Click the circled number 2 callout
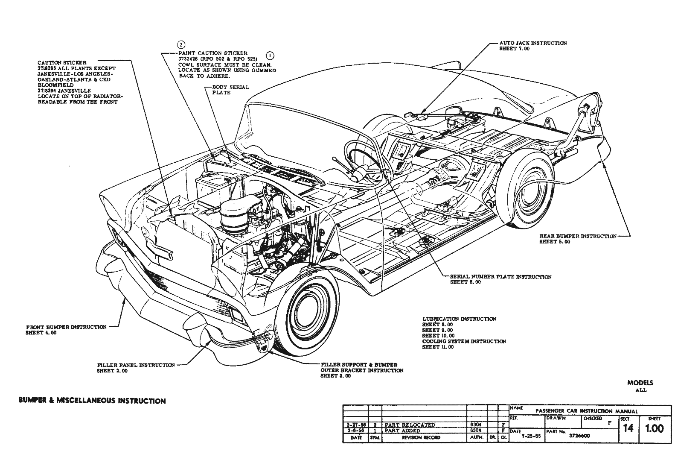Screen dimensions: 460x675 (181, 45)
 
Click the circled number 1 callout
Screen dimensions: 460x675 (270, 55)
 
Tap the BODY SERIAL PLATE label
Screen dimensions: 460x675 (230, 90)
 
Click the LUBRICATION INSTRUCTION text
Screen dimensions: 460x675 (459, 319)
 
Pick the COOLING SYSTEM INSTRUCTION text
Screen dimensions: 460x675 (464, 341)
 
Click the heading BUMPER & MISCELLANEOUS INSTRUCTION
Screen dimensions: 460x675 (92, 401)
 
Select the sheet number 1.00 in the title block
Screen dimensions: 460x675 (655, 428)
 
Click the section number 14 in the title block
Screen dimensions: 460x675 (628, 428)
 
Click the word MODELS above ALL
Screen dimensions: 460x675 (640, 383)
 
